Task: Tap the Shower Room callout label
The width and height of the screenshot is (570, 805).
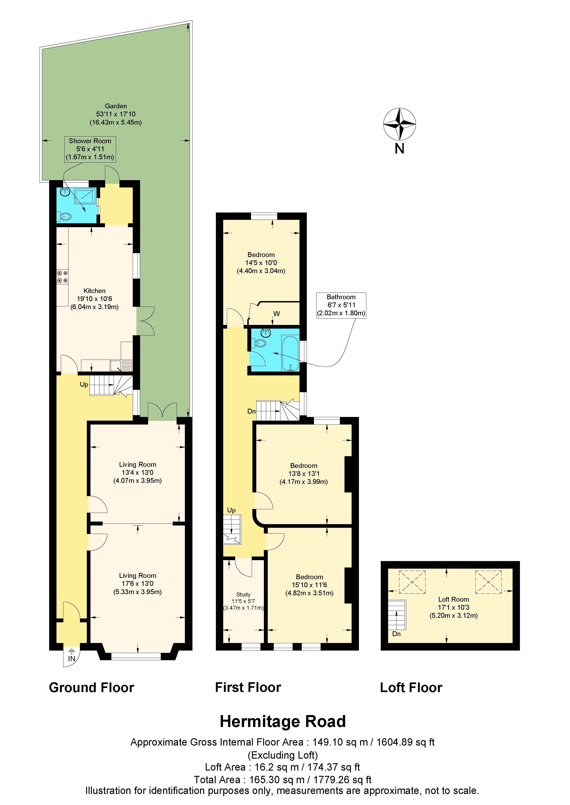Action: (90, 149)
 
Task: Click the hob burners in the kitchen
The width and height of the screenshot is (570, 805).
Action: (62, 276)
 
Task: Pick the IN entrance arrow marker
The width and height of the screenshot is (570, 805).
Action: (72, 655)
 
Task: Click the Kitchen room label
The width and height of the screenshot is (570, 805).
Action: (94, 299)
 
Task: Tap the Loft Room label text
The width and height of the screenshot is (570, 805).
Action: (454, 607)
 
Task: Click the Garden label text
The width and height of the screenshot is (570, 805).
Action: (116, 114)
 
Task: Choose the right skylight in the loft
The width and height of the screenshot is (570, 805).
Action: (488, 582)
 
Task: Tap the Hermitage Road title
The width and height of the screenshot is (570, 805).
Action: (283, 721)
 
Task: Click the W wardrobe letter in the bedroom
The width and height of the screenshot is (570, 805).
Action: (277, 314)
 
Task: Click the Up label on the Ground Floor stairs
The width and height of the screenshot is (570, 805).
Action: (84, 385)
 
